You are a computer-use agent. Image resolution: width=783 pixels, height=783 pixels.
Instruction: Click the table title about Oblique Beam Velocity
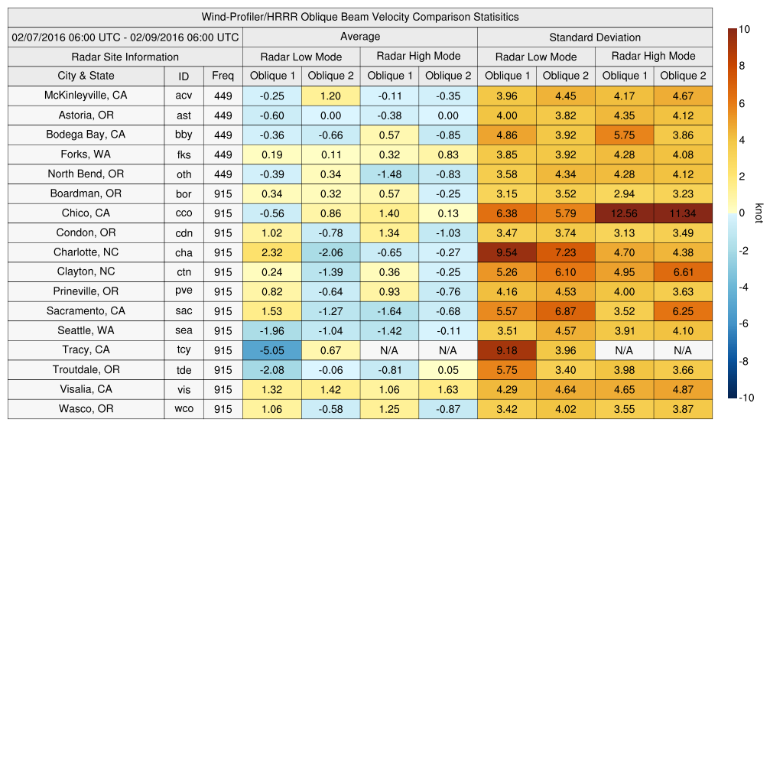pyautogui.click(x=360, y=17)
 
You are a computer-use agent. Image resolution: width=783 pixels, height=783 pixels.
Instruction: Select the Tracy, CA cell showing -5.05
pyautogui.click(x=271, y=350)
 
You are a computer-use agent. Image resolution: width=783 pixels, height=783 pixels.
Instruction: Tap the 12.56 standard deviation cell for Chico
pyautogui.click(x=624, y=213)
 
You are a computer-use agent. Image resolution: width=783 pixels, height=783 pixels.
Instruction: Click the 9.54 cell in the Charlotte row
pyautogui.click(x=506, y=252)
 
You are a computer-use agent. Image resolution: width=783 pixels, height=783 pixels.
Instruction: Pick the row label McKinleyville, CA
pyautogui.click(x=86, y=96)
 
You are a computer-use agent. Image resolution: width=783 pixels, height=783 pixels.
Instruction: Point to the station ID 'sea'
pyautogui.click(x=184, y=331)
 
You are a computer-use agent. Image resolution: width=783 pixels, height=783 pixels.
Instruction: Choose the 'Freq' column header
pyautogui.click(x=223, y=76)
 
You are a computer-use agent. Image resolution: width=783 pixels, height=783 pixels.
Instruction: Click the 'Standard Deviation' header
pyautogui.click(x=595, y=37)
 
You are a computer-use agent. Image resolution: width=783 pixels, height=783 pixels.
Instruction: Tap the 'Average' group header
pyautogui.click(x=359, y=37)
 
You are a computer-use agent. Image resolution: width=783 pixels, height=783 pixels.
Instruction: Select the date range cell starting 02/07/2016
pyautogui.click(x=125, y=37)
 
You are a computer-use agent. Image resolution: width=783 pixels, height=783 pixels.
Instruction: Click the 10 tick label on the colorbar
pyautogui.click(x=744, y=29)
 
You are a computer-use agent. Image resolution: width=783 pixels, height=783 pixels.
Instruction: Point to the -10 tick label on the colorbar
pyautogui.click(x=746, y=398)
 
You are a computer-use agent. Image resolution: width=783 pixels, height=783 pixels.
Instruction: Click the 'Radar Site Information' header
pyautogui.click(x=125, y=57)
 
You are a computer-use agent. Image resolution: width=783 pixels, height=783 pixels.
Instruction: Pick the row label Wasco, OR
pyautogui.click(x=86, y=409)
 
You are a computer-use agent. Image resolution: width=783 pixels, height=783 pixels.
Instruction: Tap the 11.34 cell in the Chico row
pyautogui.click(x=683, y=213)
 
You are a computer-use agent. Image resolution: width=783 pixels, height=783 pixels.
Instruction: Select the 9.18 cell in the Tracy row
pyautogui.click(x=506, y=350)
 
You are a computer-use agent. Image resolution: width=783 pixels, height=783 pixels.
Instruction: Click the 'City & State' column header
pyautogui.click(x=86, y=76)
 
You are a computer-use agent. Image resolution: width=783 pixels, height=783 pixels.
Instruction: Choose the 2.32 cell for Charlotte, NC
pyautogui.click(x=271, y=252)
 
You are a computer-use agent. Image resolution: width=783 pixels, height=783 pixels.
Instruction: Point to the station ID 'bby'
pyautogui.click(x=184, y=135)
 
